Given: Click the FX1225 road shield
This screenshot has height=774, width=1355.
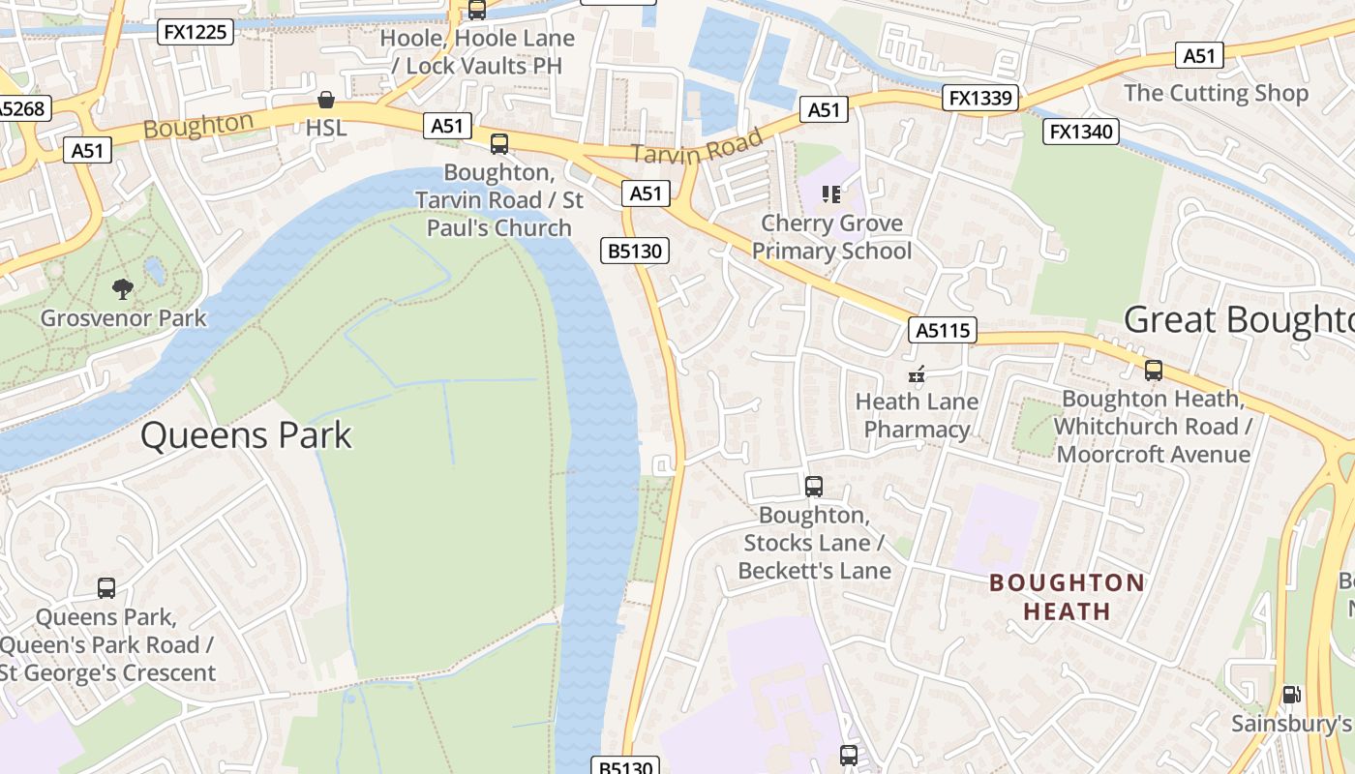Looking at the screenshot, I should pos(196,32).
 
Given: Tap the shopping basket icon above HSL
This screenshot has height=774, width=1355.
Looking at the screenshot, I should pos(326,100).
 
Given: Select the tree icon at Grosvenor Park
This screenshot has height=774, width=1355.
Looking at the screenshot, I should pos(123,288).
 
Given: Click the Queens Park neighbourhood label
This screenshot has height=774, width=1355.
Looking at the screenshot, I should pos(246,435).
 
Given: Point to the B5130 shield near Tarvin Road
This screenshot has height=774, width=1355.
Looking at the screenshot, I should pos(634,252).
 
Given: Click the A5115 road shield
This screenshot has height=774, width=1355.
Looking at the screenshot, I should pos(943,331).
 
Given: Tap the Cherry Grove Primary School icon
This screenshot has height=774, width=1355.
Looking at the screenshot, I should pos(831,194).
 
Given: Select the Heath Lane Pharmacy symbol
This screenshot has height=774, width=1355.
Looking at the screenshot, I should pos(916,373).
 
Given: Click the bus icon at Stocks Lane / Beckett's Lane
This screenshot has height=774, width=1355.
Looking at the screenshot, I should pos(814,486).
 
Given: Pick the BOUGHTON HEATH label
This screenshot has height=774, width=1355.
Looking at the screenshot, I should pos(1068,597).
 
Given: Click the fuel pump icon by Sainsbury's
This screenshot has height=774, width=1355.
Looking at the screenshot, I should pos(1291,695).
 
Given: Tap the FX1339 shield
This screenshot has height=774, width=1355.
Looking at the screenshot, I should pos(980,98).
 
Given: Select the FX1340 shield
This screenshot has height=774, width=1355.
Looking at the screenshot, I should pos(1080,131).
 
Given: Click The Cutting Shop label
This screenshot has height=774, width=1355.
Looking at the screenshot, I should pos(1216,93).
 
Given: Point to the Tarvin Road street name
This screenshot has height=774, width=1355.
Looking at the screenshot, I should pos(697,146).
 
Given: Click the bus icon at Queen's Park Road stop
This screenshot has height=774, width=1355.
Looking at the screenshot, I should pos(106,587).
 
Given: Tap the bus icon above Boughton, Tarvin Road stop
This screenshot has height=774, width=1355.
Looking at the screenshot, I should pos(499,144).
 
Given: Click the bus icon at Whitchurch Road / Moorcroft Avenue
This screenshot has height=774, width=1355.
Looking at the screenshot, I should pos(1153,370).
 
